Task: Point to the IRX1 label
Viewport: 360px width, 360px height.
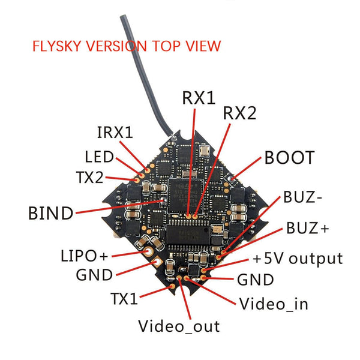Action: (115, 133)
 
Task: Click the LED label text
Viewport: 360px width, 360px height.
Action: (99, 157)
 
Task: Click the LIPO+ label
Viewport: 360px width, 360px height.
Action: (85, 256)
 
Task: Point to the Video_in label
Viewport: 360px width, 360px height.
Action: (274, 304)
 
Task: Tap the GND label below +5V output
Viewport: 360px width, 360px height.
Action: (256, 280)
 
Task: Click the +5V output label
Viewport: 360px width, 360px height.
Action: (296, 259)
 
